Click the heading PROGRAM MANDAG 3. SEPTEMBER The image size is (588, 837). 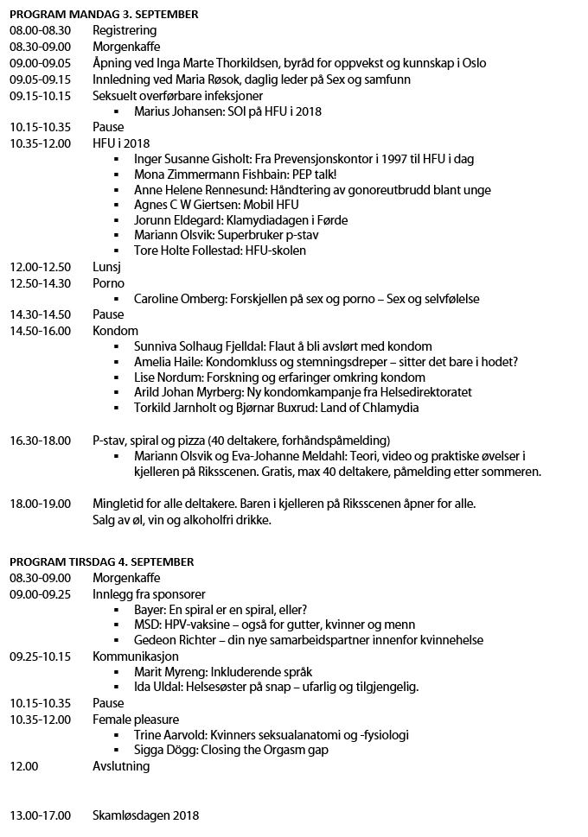[x=104, y=14]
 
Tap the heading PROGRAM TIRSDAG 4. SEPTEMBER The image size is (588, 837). [x=101, y=561]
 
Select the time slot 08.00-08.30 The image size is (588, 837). [x=40, y=30]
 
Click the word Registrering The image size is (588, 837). [x=125, y=30]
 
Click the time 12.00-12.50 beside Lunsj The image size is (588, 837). [x=40, y=267]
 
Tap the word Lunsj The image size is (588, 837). [x=107, y=267]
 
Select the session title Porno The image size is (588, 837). [x=109, y=283]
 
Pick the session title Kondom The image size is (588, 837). [x=115, y=331]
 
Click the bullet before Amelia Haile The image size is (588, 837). [x=117, y=362]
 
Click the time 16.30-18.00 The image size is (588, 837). [x=40, y=441]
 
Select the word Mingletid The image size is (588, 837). [x=121, y=504]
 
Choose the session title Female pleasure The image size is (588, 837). [x=136, y=719]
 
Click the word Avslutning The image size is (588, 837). [x=121, y=766]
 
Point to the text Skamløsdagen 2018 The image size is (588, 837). [x=145, y=815]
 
